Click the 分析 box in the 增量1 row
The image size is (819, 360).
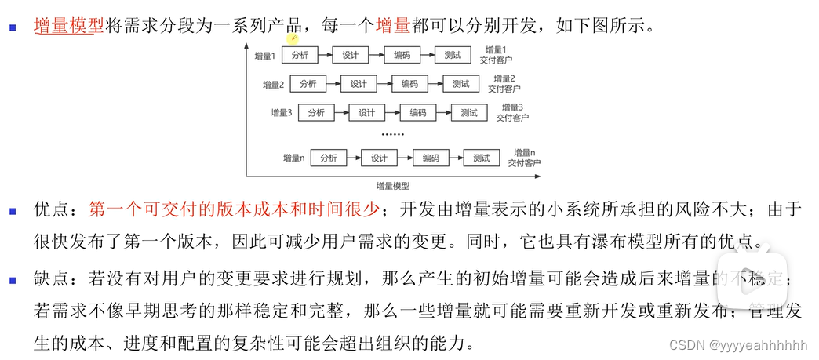click(x=300, y=56)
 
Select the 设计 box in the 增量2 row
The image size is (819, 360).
click(x=359, y=84)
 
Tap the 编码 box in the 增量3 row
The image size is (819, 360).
click(x=418, y=112)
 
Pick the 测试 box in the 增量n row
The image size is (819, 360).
click(x=481, y=158)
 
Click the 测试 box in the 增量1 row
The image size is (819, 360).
click(x=452, y=56)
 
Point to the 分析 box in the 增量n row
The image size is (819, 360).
click(x=328, y=158)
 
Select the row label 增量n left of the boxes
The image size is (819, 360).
click(x=293, y=158)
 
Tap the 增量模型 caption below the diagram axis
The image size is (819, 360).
click(x=393, y=186)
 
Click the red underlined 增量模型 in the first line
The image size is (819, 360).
click(x=69, y=25)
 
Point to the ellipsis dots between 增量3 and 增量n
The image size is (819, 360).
click(x=391, y=135)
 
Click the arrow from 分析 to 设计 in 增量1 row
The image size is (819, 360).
click(x=325, y=56)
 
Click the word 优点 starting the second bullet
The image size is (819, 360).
click(x=51, y=209)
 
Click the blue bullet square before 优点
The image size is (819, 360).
click(x=12, y=210)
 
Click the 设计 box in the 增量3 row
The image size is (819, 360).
click(x=367, y=112)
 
